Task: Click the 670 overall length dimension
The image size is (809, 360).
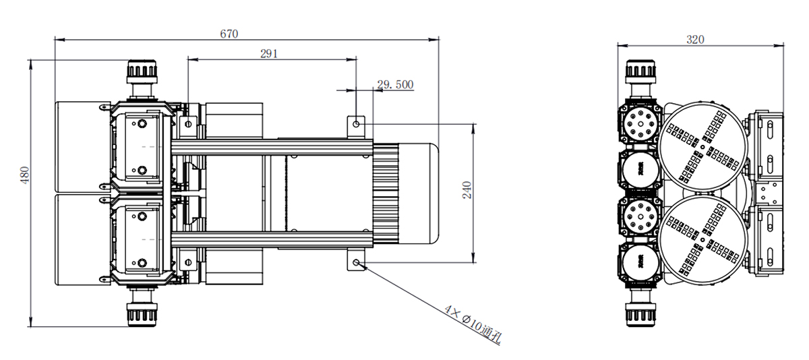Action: point(229,34)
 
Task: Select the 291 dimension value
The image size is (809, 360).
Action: point(269,54)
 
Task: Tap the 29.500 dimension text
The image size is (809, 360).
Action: point(395,84)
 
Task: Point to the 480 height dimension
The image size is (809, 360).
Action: point(24,175)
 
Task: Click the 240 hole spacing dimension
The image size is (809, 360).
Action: point(467,190)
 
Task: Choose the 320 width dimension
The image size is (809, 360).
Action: point(695,39)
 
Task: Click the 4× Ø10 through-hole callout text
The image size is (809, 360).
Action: point(473,324)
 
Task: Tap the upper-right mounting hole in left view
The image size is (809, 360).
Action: point(356,124)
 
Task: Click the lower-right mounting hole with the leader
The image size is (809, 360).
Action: point(356,262)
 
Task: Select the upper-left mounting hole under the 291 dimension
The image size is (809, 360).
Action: point(188,124)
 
